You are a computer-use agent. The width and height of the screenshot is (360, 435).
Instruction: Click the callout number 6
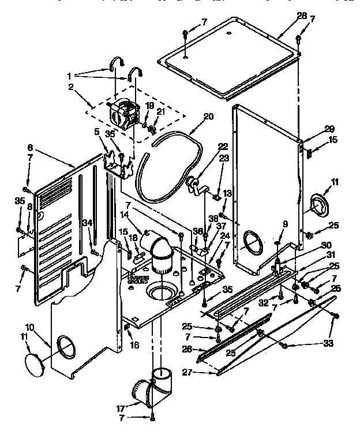pyautogui.click(x=31, y=148)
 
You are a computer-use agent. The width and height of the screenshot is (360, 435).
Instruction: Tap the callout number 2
pyautogui.click(x=70, y=87)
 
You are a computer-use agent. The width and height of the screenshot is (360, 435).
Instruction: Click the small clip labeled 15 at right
pyautogui.click(x=310, y=153)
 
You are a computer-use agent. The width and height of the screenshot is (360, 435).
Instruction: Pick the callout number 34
pyautogui.click(x=87, y=223)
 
